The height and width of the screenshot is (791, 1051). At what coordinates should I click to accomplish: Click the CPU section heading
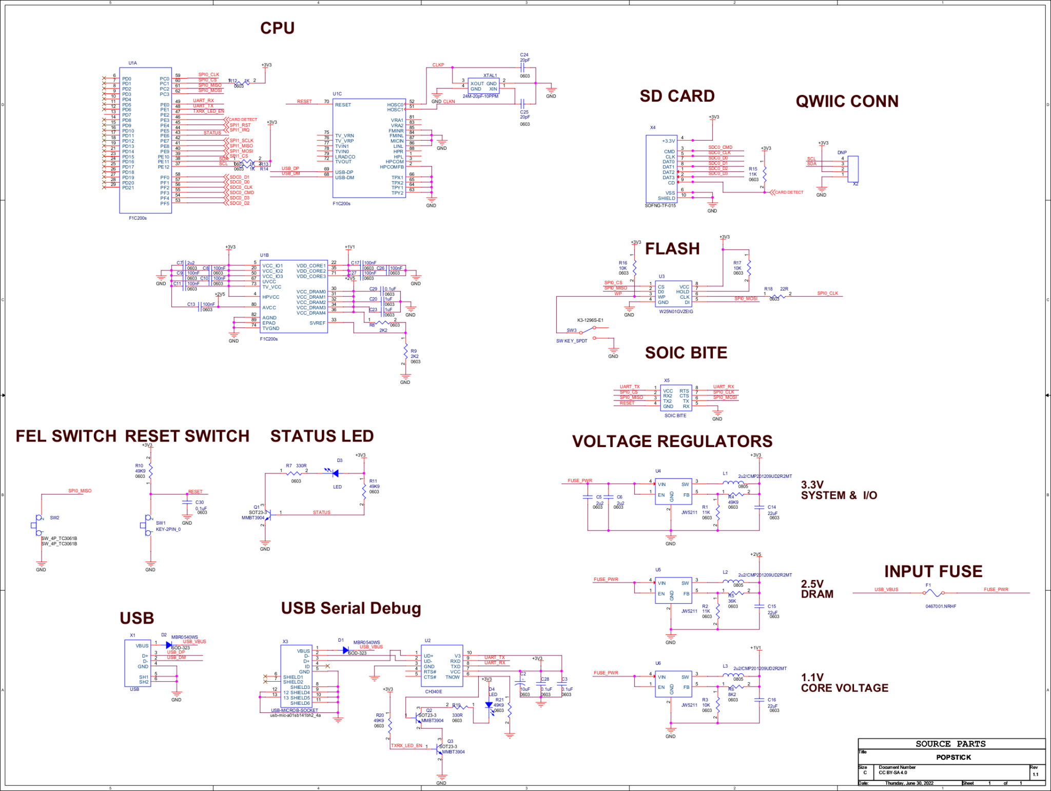click(277, 28)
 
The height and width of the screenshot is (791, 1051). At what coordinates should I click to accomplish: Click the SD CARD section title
click(676, 96)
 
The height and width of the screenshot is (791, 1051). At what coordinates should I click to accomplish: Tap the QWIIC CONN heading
click(847, 101)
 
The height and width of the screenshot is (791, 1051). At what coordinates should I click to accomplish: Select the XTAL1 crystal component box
click(483, 86)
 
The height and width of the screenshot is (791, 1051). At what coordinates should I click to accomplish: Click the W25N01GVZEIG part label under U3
click(676, 312)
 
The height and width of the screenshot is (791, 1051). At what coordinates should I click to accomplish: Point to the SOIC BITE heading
click(686, 353)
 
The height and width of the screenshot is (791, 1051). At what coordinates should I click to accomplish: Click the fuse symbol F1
click(934, 593)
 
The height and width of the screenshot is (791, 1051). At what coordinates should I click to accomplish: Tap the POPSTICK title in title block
click(953, 757)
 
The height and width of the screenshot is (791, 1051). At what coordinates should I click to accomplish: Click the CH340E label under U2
click(433, 691)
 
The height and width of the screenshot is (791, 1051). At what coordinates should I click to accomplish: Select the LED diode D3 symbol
click(335, 473)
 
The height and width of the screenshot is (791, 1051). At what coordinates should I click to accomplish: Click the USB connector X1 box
click(138, 663)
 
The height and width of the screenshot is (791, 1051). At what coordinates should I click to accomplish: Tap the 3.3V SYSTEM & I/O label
click(839, 490)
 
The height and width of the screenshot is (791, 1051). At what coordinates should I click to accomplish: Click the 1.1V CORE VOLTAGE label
click(844, 683)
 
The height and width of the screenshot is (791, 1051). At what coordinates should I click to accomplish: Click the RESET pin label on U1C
click(343, 105)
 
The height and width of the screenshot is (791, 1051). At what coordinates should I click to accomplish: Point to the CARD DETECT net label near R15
click(789, 192)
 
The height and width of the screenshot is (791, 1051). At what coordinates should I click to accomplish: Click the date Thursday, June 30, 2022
click(909, 783)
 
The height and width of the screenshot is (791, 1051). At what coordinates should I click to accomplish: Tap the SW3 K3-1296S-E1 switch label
click(590, 320)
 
